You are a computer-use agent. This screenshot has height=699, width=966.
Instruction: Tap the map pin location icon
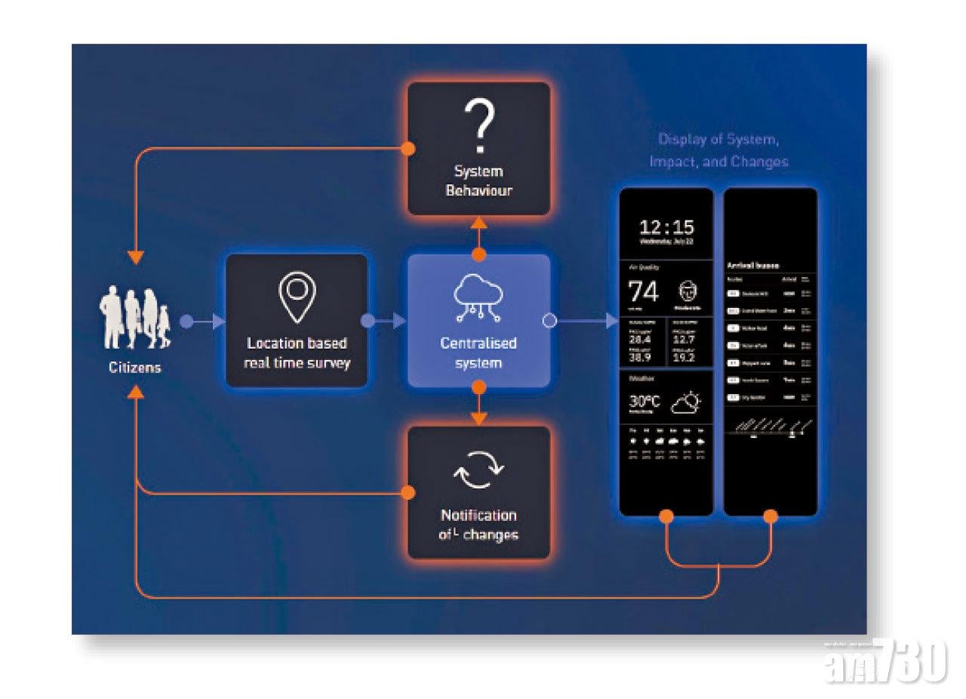tap(297, 294)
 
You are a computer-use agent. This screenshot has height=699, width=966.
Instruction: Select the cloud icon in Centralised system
tap(478, 296)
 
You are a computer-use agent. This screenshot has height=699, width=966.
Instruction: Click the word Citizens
tap(134, 368)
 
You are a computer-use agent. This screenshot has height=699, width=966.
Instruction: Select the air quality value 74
tap(644, 292)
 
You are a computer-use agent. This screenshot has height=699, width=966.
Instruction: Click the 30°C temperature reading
tap(644, 402)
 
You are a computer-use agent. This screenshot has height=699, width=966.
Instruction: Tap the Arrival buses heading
tap(752, 266)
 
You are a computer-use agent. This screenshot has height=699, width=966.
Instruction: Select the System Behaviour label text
tap(478, 181)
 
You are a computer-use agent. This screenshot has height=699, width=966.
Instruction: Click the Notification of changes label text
tap(478, 525)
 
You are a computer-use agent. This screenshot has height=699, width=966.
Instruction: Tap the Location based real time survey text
tap(297, 353)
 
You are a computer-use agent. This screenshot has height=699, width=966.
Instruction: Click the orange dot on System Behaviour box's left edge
tap(408, 148)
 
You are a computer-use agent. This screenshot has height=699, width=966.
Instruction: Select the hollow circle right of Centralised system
tap(549, 322)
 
